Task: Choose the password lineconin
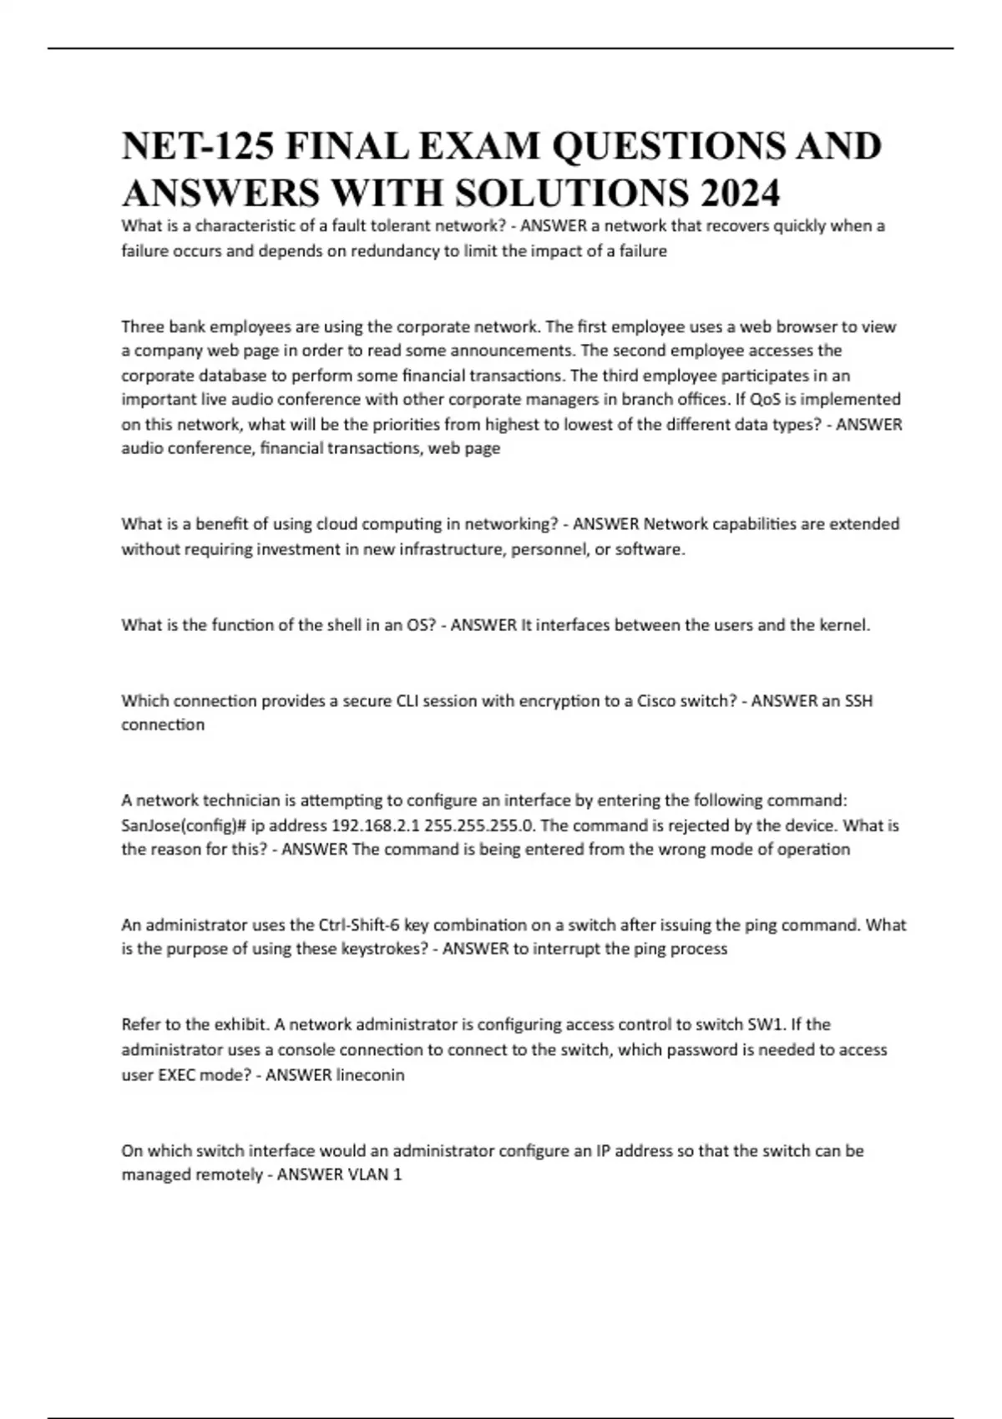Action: click(370, 1075)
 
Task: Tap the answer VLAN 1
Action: click(374, 1175)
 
